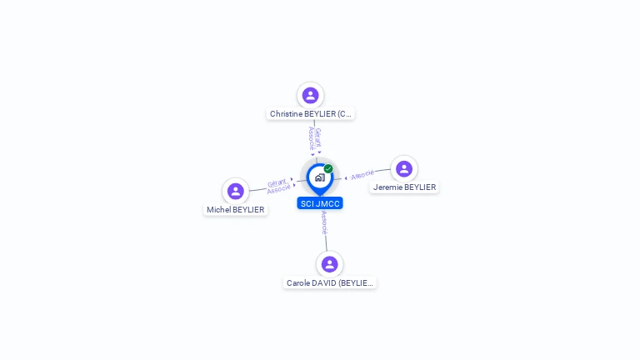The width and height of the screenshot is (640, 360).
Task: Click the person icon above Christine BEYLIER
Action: pyautogui.click(x=311, y=95)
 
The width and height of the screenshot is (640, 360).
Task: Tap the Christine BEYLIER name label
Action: pyautogui.click(x=311, y=113)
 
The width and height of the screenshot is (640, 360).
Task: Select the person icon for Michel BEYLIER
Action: pyautogui.click(x=236, y=191)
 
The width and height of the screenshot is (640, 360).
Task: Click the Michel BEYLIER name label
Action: pyautogui.click(x=236, y=210)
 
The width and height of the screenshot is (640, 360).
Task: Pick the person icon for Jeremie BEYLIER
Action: pyautogui.click(x=404, y=168)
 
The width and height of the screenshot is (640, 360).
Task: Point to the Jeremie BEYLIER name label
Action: pyautogui.click(x=404, y=187)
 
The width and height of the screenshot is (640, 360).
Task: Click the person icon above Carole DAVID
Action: pyautogui.click(x=330, y=264)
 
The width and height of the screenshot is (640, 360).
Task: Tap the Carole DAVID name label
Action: pyautogui.click(x=330, y=283)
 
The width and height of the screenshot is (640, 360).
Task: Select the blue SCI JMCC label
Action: pyautogui.click(x=320, y=203)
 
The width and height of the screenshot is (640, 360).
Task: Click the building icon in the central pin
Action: pyautogui.click(x=319, y=177)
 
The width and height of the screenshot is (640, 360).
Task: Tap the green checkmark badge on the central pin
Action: pyautogui.click(x=328, y=168)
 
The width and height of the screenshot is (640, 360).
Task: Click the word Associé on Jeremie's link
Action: pyautogui.click(x=362, y=175)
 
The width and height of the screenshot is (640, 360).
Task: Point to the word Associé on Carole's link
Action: pyautogui.click(x=324, y=222)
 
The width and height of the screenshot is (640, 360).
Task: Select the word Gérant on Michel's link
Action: pyautogui.click(x=277, y=182)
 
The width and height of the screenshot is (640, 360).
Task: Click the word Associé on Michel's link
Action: pyautogui.click(x=279, y=189)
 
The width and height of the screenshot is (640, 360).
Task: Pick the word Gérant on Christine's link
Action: pyautogui.click(x=318, y=137)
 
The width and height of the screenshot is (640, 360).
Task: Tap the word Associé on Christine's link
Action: pyautogui.click(x=311, y=138)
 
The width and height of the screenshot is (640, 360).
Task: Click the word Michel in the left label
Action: pyautogui.click(x=218, y=210)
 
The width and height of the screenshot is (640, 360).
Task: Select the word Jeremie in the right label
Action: pyautogui.click(x=387, y=187)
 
